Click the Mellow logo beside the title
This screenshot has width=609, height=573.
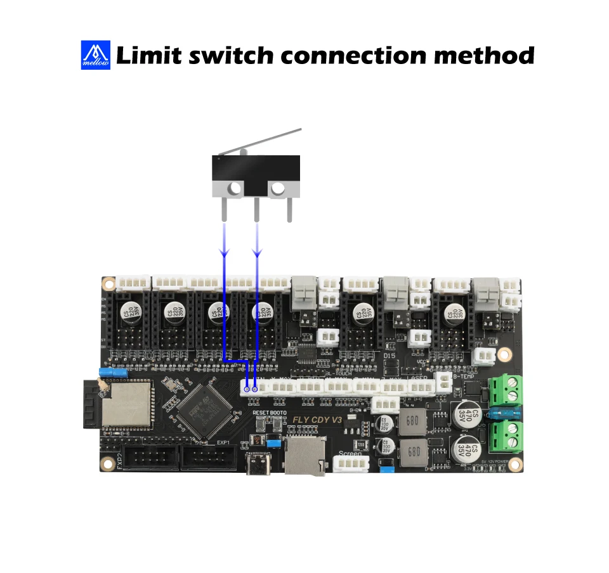[96, 55]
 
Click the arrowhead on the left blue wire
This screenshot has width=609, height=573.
[224, 253]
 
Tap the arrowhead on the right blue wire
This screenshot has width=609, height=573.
[257, 253]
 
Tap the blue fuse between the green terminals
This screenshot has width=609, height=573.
[505, 414]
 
